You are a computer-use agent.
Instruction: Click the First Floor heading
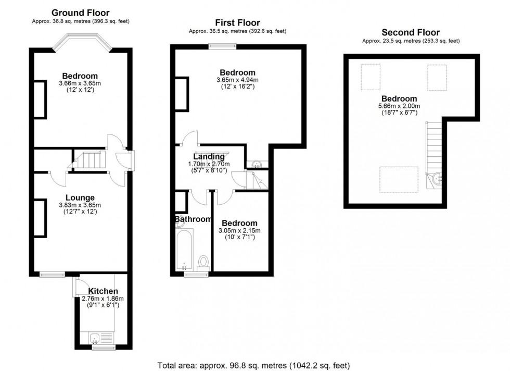(237, 22)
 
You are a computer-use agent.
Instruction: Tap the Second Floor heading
(410, 32)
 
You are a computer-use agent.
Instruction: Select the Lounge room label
(80, 197)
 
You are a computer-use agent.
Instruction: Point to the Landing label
(209, 156)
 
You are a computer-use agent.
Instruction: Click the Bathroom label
(193, 219)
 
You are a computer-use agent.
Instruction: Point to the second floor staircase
(433, 149)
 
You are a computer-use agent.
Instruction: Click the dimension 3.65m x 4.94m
(237, 80)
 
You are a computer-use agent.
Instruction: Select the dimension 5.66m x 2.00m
(399, 106)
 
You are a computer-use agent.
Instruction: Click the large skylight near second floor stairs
(399, 179)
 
